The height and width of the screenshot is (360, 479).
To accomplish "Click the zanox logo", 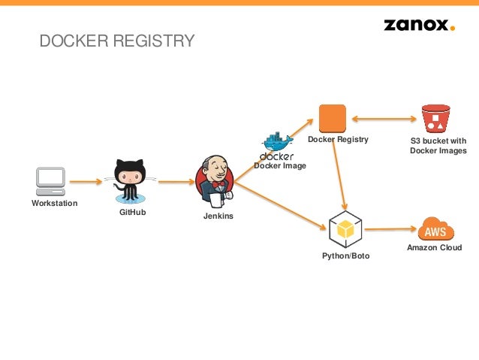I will coord(419,25).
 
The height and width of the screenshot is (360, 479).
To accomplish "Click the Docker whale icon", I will coord(276,143).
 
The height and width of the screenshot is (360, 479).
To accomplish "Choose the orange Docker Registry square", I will coord(332,119).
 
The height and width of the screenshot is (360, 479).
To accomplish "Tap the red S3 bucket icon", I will coord(435,119).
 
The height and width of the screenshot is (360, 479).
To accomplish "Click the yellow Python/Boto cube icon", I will coord(345,229).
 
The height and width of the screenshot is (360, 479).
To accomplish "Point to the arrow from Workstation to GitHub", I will coord(86,181).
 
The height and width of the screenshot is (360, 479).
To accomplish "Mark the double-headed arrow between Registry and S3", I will coord(383,119).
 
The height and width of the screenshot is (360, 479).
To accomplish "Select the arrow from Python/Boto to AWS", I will coord(390,229).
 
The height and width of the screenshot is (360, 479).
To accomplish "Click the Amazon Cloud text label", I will coord(434,247).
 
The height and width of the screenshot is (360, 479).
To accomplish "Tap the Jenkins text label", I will coord(218,216).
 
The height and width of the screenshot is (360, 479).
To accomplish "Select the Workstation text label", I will coord(54,204).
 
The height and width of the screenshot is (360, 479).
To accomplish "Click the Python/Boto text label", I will coord(345,256).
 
